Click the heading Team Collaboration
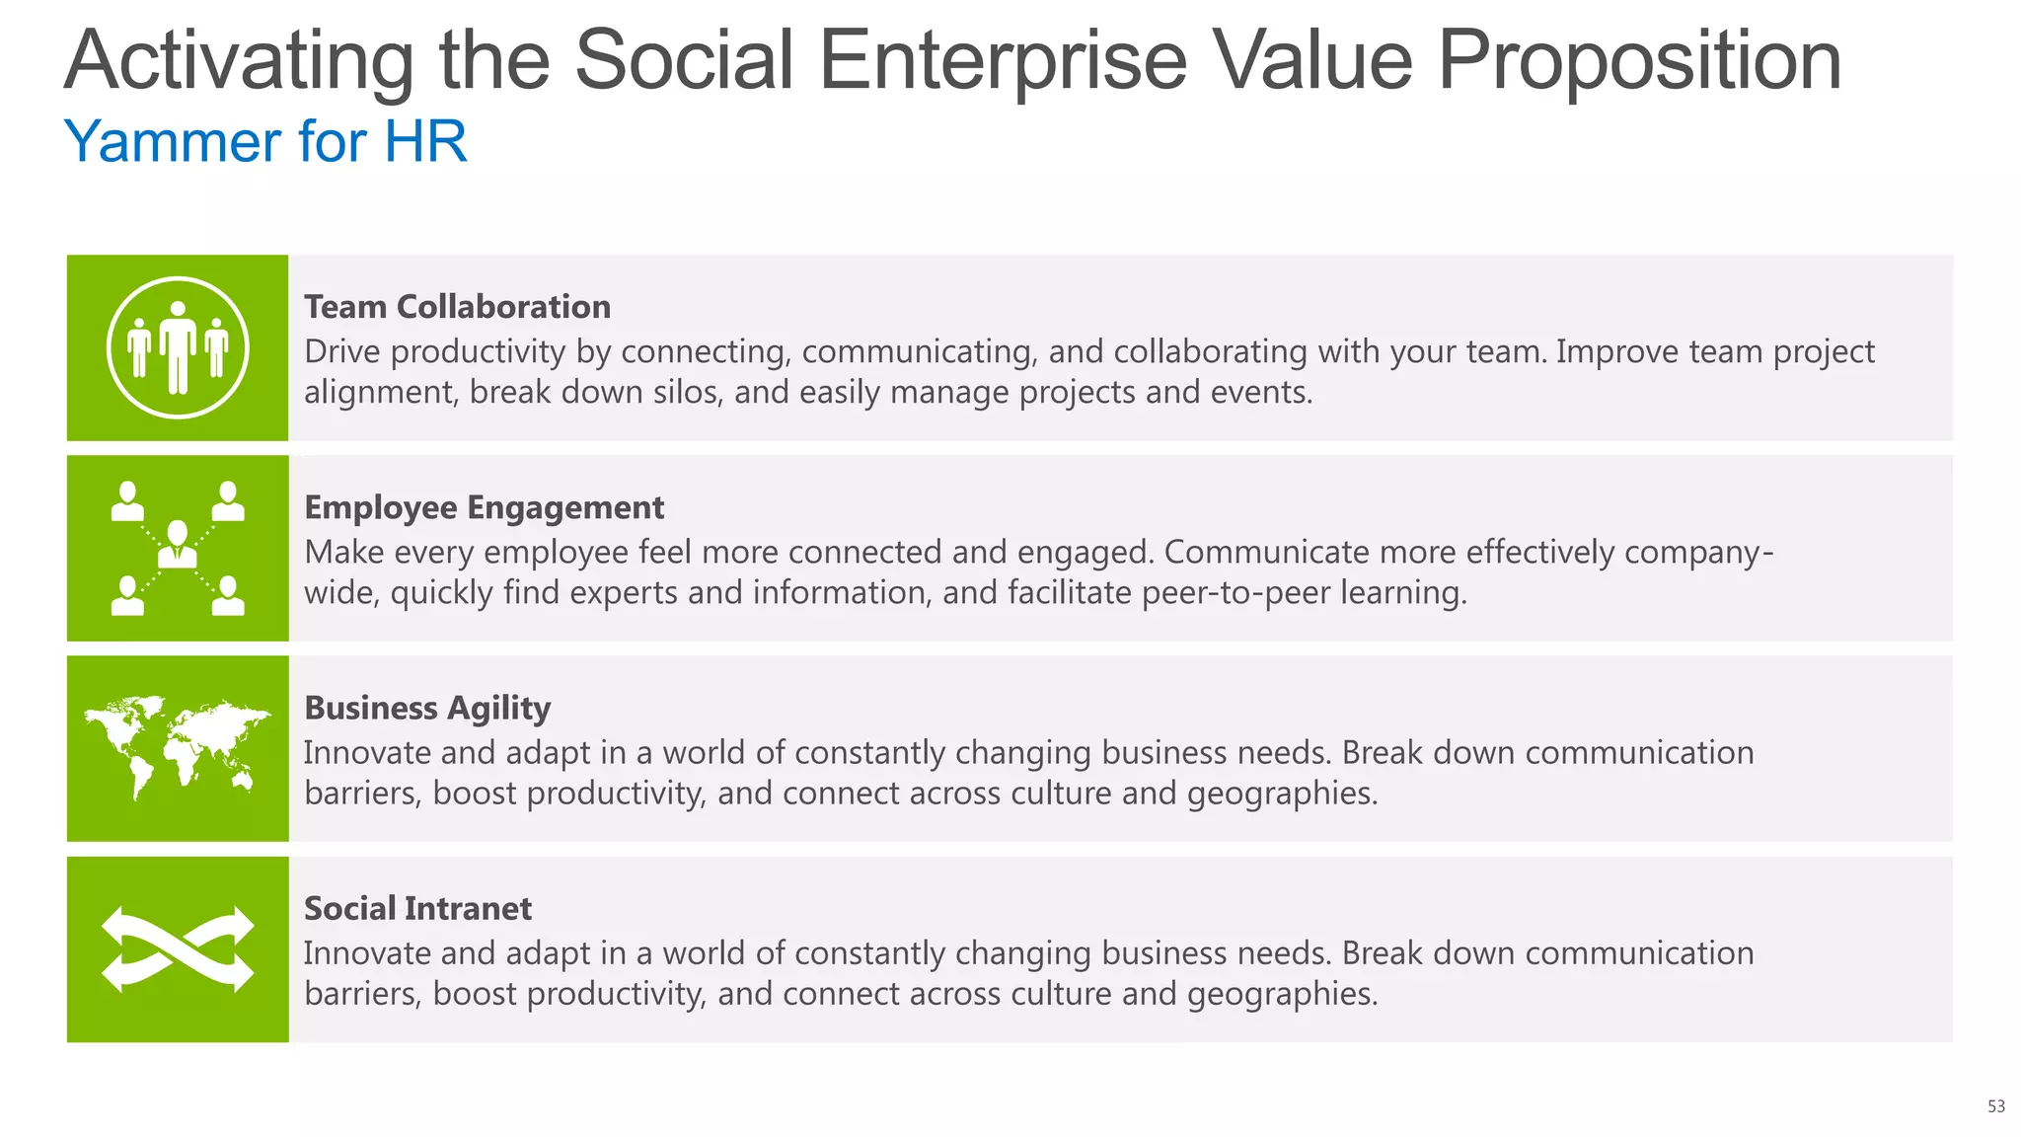pos(457,307)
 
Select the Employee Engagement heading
pos(484,507)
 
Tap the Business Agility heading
pos(426,708)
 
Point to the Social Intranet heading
pos(417,908)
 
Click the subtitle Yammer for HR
pos(264,141)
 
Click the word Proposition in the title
pos(1639,61)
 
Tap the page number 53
pos(1995,1106)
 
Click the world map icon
pos(178,747)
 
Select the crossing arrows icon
pos(178,948)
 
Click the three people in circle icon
pos(178,347)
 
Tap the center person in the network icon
pos(178,544)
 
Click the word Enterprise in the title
pos(1003,61)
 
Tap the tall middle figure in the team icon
pos(178,347)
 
